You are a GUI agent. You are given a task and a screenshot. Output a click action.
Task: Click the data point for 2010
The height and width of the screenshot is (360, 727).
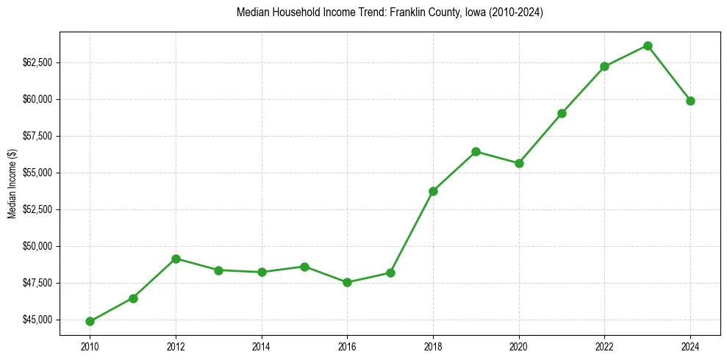[90, 321]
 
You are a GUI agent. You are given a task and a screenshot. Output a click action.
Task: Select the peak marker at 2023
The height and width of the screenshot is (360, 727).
[648, 46]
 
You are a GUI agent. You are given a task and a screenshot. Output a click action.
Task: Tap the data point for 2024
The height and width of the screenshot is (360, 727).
[690, 101]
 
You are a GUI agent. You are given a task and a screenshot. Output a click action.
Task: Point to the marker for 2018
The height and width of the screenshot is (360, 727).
[433, 191]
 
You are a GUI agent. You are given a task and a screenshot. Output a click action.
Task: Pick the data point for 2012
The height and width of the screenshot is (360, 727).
[176, 259]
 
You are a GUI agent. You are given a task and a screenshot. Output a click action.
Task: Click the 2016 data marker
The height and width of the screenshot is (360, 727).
[347, 282]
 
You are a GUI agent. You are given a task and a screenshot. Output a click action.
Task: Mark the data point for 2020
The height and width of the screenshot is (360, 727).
[519, 163]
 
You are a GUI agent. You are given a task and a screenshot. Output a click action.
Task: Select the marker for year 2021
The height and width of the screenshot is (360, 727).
[562, 113]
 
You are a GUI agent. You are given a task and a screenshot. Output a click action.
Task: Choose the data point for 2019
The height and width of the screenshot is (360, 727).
[476, 151]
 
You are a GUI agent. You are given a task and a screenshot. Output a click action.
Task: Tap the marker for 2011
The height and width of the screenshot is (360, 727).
[133, 298]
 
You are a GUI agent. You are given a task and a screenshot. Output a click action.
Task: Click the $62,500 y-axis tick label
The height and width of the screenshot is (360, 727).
[37, 62]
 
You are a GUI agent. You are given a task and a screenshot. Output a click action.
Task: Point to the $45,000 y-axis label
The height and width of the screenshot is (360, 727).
[37, 320]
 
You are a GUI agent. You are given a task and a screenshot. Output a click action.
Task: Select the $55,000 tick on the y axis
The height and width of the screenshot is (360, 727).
[37, 173]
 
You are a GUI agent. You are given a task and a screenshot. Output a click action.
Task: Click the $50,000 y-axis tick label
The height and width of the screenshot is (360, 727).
[37, 246]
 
